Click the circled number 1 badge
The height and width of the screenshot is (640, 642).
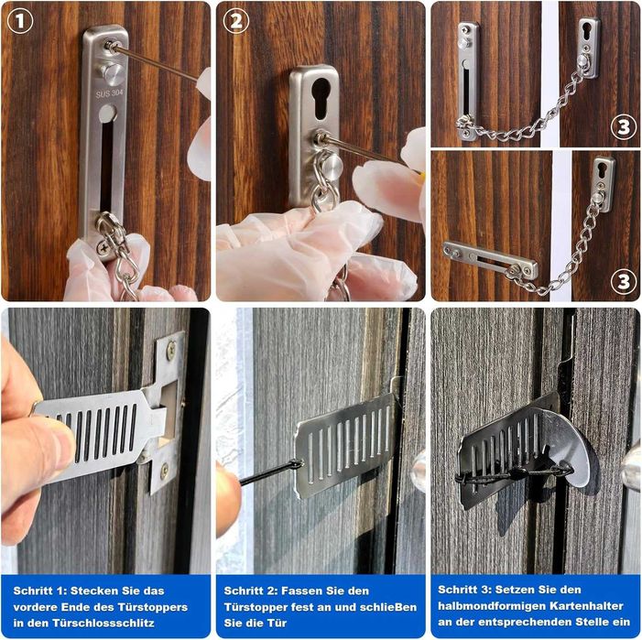point(20,21)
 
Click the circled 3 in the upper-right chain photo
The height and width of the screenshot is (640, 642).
point(623,126)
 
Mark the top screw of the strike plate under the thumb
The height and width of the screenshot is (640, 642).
point(170,349)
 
